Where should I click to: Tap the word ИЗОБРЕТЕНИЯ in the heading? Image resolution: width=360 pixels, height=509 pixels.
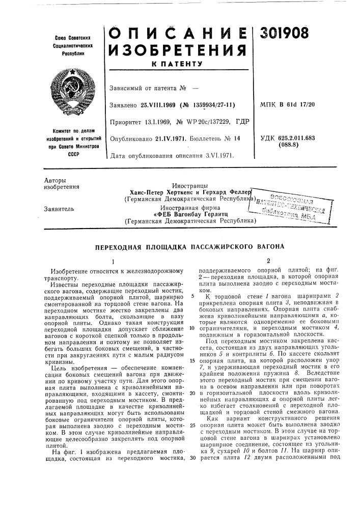175,52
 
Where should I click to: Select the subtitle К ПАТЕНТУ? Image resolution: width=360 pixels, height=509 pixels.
175,65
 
